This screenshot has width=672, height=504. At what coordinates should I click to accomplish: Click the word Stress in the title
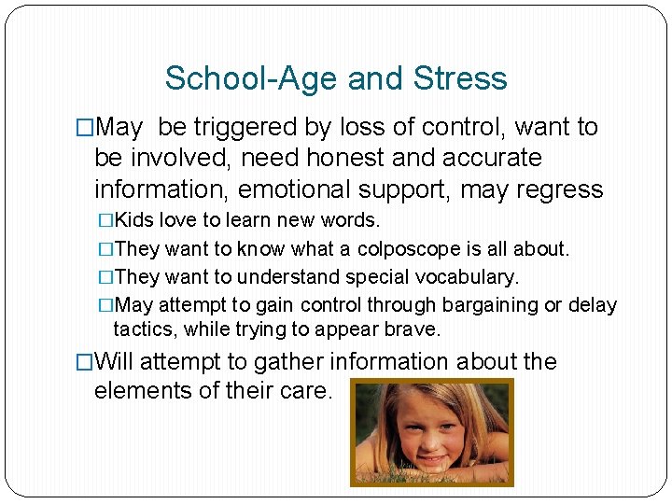pyautogui.click(x=460, y=78)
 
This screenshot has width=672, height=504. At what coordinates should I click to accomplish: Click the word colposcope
pyautogui.click(x=405, y=250)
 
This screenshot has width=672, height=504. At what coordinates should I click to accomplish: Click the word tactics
pyautogui.click(x=146, y=329)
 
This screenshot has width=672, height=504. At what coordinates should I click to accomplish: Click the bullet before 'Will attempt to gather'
pyautogui.click(x=85, y=362)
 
